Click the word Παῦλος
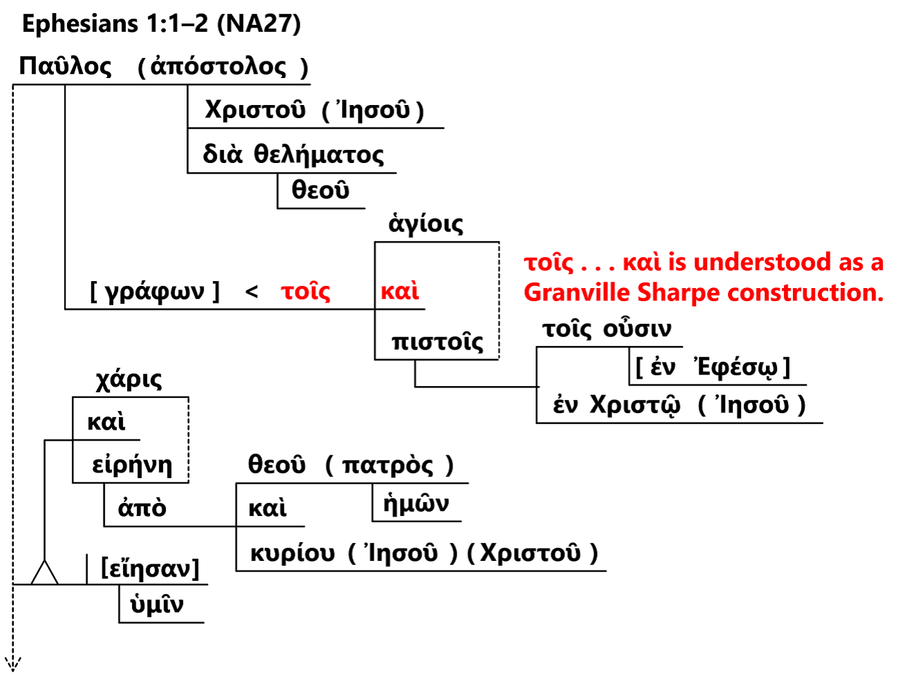pos(65,66)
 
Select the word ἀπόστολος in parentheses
pos(218,66)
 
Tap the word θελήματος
pos(318,154)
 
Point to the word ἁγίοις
pos(426,224)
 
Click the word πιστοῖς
pos(437,342)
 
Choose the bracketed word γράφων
pos(155,291)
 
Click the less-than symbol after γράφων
pos(251,292)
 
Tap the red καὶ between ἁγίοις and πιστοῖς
pos(400,291)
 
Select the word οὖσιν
pos(637,329)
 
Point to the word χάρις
pos(129,379)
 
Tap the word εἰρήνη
pos(132,465)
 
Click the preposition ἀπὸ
pos(142,508)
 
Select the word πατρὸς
pos(388,465)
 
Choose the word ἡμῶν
pos(416,504)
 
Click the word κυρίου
pos(292,553)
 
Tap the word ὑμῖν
pos(157,605)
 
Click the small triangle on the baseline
pos(44,573)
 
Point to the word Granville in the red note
pos(577,293)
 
